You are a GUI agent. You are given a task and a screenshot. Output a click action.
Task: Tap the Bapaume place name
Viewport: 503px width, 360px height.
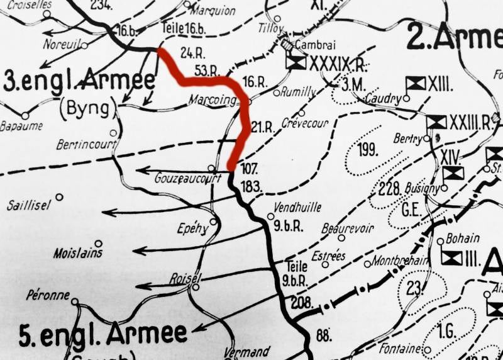pos(22,127)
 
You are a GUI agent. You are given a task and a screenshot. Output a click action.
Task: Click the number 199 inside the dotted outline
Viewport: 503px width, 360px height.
pos(367,150)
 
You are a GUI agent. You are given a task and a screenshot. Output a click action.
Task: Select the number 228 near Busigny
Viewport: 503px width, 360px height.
pos(390,189)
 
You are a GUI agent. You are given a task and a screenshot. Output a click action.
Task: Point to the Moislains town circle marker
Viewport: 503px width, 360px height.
pos(98,244)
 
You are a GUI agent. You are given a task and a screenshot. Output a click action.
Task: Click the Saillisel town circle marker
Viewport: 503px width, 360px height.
pos(60,197)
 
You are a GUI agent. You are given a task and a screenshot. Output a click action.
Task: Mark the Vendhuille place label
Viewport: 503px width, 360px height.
pos(297,207)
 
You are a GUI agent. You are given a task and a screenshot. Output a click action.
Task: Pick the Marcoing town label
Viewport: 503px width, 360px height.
pos(211,101)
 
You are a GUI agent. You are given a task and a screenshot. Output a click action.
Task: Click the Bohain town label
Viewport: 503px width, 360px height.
pos(462,239)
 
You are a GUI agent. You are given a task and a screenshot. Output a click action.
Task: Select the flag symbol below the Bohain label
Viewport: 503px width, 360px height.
pos(451,257)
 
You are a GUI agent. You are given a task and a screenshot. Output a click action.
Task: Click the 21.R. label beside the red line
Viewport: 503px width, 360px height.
pos(262,128)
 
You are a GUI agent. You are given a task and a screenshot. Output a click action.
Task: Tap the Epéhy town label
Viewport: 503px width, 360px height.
pos(192,229)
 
